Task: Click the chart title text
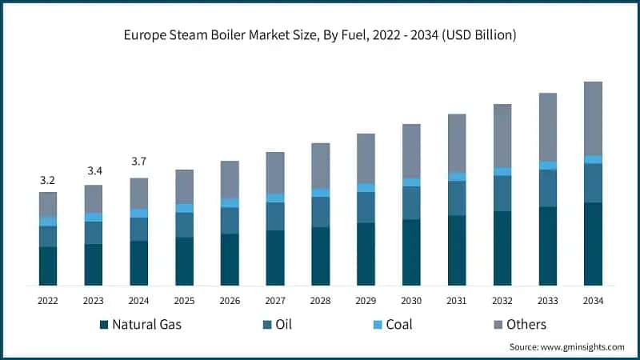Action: [x=320, y=34]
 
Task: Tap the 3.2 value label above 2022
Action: [x=48, y=180]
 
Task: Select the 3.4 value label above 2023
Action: [x=94, y=171]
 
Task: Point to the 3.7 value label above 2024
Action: [x=139, y=162]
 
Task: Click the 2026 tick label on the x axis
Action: [x=230, y=301]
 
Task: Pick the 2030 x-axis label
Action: [x=411, y=301]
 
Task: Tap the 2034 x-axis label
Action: [x=593, y=301]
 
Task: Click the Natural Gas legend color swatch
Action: [x=103, y=325]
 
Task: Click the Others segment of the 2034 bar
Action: [x=593, y=118]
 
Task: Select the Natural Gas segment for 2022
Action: [x=48, y=266]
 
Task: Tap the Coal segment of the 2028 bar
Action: [x=320, y=193]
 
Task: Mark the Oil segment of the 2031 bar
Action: [x=457, y=198]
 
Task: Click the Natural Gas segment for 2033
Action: [x=547, y=246]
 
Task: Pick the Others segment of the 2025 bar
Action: [x=184, y=186]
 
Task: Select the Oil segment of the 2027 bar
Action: [x=275, y=216]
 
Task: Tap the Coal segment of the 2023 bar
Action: [x=94, y=218]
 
